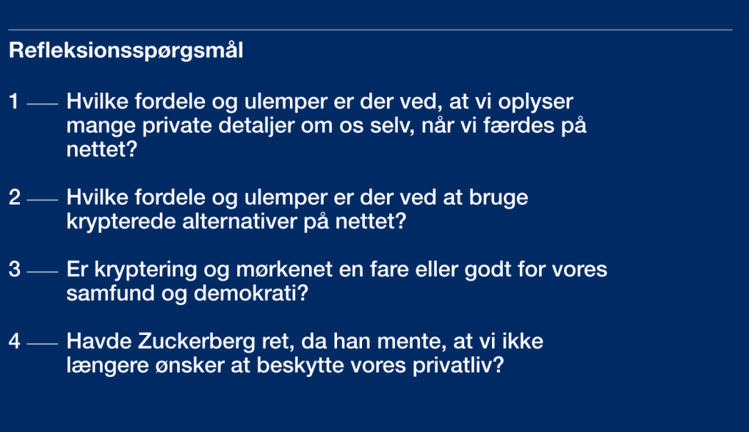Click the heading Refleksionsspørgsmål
[126, 51]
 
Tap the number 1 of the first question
[14, 101]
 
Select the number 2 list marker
[15, 198]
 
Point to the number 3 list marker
[15, 270]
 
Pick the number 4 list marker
[15, 342]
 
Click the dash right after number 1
[43, 104]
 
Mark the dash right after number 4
[43, 344]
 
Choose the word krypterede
[121, 222]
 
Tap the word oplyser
[535, 102]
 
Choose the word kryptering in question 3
[146, 270]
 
